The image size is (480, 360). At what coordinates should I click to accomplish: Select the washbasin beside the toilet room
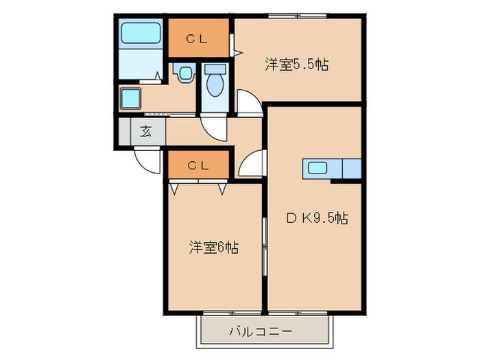coord(183,73)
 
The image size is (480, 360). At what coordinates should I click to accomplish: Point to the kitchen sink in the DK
coord(317,168)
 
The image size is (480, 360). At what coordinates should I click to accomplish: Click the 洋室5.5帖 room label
coord(296,65)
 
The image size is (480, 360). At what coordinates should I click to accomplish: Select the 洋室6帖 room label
coord(213,248)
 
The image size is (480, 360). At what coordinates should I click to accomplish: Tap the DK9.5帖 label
coord(317,219)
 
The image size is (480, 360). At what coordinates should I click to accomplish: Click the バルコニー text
coord(261,331)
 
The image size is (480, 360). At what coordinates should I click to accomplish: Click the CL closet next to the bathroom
coord(197,39)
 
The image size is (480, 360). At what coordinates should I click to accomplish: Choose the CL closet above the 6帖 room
coord(197,165)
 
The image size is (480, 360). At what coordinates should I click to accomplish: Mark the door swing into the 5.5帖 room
coord(248,101)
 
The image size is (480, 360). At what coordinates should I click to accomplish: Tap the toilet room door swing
coord(214,128)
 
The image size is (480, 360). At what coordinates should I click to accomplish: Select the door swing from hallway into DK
coord(252,165)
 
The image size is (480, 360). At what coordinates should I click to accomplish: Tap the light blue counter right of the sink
coord(351,168)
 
